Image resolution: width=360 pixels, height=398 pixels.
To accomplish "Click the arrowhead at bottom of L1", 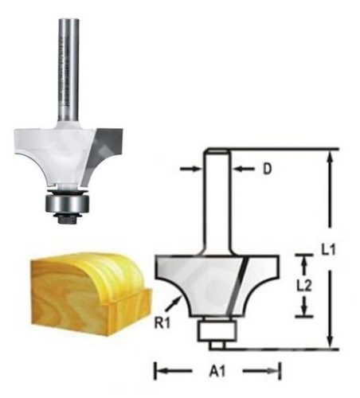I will pos(328,343).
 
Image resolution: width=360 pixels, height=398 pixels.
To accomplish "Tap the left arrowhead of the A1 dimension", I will pos(158,370).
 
